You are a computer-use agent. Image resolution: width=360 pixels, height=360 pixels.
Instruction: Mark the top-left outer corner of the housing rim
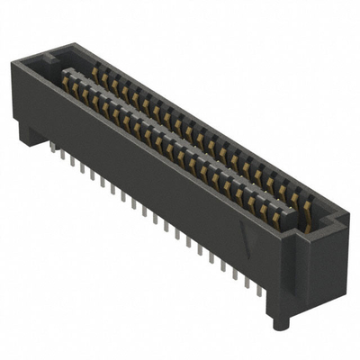point(15,60)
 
